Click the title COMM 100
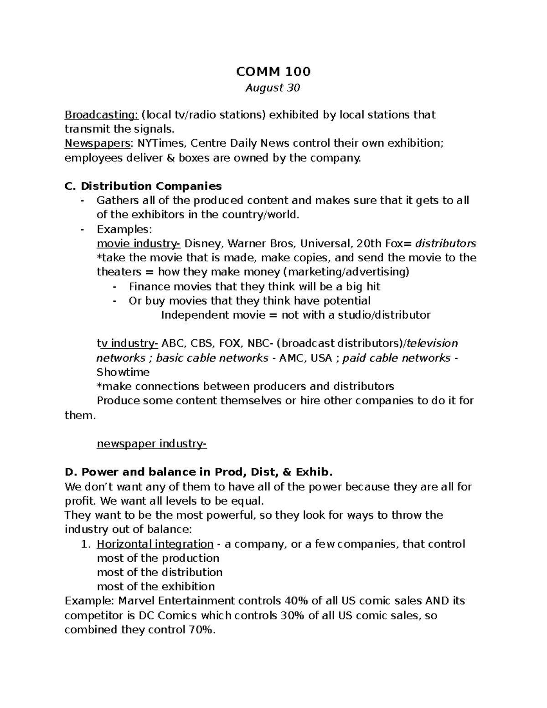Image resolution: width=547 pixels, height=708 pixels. pos(273,72)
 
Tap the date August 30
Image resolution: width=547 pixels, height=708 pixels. pos(273,88)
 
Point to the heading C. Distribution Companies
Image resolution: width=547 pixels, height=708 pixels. pos(143,186)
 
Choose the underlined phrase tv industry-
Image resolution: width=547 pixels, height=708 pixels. pos(127,343)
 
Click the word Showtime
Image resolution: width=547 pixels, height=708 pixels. pos(123,372)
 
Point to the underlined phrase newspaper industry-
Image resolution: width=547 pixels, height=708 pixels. pos(152,444)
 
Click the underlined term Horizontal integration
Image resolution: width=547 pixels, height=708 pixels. pos(155,544)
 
